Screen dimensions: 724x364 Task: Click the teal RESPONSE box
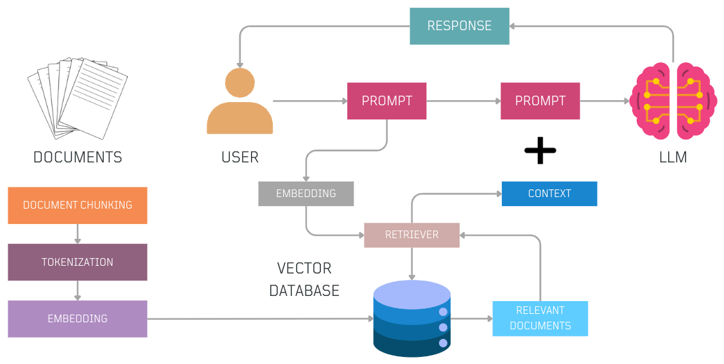[460, 26]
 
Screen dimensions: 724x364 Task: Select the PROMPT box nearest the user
[387, 101]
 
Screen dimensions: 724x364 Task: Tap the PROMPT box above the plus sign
[540, 101]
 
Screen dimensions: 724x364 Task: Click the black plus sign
[540, 150]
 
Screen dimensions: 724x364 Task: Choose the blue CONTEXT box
[549, 193]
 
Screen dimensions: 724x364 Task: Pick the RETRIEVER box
[412, 235]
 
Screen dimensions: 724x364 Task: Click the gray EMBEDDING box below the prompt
[306, 193]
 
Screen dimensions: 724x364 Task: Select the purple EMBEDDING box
[78, 318]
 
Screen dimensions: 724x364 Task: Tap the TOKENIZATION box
[78, 262]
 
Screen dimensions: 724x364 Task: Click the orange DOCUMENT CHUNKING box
[78, 205]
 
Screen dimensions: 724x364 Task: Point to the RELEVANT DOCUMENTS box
[540, 318]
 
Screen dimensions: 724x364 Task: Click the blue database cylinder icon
[412, 318]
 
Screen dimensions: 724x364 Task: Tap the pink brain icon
[673, 101]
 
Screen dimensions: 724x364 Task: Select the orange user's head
[239, 83]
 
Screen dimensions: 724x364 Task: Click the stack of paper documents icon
[78, 98]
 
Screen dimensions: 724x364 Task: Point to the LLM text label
[673, 157]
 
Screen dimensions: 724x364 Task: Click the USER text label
[240, 157]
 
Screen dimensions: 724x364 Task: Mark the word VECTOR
[304, 268]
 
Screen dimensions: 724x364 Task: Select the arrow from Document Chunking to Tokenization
[78, 234]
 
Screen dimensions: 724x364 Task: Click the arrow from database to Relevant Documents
[471, 318]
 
